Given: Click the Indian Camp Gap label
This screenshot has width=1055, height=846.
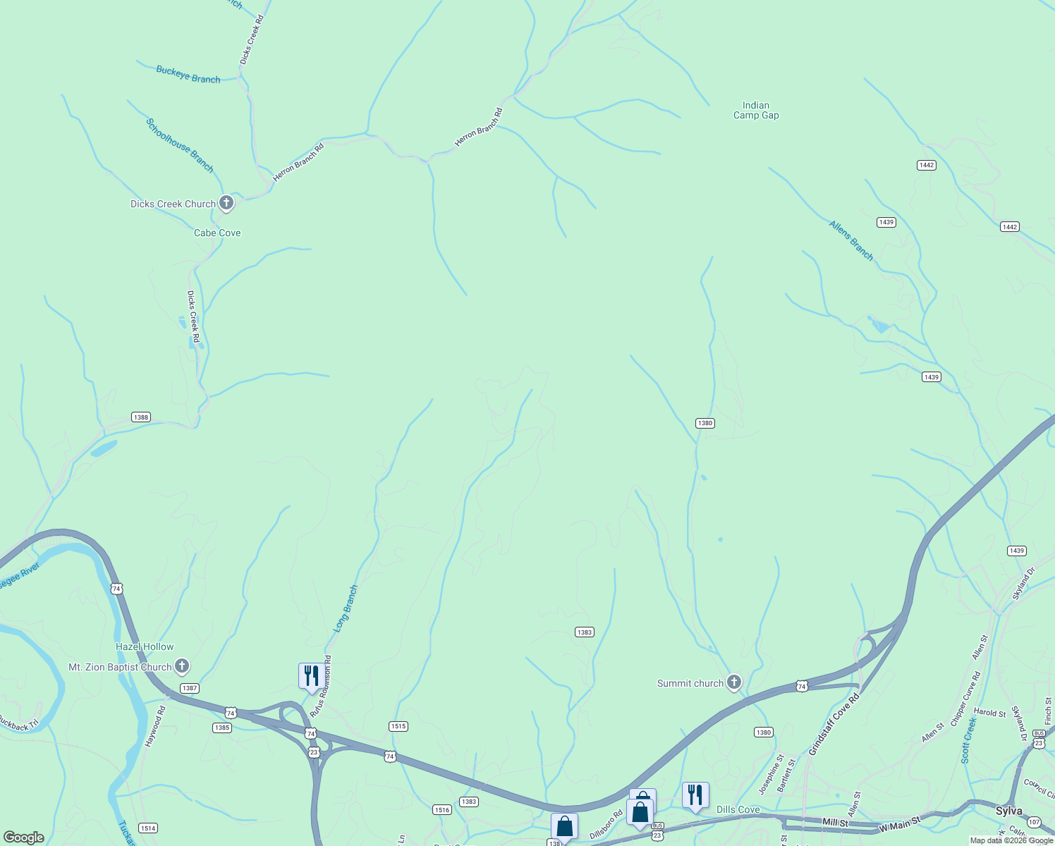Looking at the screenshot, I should click(756, 111).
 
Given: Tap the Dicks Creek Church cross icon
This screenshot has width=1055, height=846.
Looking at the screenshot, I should click(226, 204).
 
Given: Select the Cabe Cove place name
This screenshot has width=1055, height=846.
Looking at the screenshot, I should click(217, 233).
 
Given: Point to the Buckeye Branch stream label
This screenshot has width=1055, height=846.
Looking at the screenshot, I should click(188, 75).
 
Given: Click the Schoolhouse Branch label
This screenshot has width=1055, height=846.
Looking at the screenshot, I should click(180, 145).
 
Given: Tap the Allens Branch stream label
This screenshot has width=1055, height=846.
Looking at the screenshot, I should click(851, 241).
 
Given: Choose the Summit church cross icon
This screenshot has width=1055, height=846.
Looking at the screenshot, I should click(734, 682).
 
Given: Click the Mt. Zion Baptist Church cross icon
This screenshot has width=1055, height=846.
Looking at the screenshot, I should click(182, 666).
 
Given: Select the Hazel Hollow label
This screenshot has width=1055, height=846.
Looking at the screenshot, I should click(145, 646).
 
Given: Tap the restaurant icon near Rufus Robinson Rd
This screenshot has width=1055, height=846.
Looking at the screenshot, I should click(311, 676).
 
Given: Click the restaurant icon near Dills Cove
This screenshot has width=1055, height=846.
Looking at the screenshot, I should click(695, 795).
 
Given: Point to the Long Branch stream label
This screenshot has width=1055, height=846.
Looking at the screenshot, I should click(346, 608).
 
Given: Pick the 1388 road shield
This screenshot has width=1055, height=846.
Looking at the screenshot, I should click(141, 417).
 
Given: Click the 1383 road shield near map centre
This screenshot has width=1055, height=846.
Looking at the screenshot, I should click(584, 632).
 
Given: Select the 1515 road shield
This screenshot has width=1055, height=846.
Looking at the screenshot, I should click(398, 726).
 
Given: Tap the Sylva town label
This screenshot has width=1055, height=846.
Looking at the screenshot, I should click(1009, 811).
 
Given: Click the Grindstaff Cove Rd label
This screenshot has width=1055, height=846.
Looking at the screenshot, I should click(834, 725).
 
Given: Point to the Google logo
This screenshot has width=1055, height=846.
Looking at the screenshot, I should click(24, 838).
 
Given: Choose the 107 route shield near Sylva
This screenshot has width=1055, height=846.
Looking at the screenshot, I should click(1035, 822).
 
